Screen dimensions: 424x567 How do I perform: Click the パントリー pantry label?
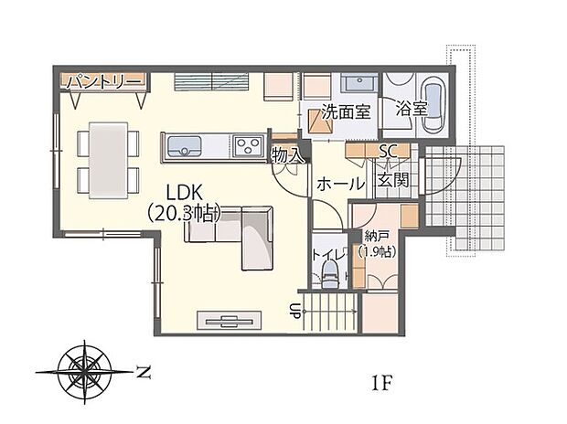click(103, 82)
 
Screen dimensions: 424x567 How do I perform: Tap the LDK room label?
click(185, 192)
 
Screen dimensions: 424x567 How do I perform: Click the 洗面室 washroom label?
click(346, 114)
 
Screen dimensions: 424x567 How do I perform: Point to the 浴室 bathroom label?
click(412, 109)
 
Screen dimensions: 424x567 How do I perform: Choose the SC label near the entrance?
click(386, 152)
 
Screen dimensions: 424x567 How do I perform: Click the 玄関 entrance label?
click(393, 181)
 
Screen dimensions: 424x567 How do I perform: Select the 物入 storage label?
click(287, 155)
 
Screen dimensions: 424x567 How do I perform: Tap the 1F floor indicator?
click(381, 382)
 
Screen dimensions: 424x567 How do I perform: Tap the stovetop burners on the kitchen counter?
click(247, 145)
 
